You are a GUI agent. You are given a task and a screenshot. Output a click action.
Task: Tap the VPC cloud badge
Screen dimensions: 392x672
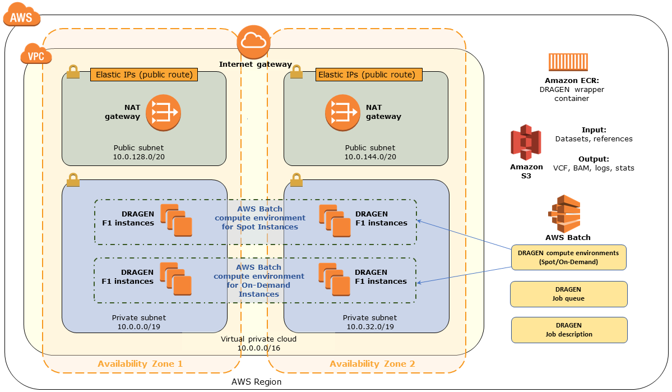[x=36, y=55]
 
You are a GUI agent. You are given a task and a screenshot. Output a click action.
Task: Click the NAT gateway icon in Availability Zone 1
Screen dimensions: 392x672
[x=163, y=112]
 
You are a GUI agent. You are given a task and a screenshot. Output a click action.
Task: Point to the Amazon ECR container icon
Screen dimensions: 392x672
[x=568, y=62]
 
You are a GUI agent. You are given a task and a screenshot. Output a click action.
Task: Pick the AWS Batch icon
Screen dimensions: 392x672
[x=564, y=214]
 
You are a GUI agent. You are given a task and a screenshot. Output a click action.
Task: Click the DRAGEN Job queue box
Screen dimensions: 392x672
[x=568, y=294]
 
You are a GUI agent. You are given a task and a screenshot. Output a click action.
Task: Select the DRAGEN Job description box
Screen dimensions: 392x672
[x=568, y=330]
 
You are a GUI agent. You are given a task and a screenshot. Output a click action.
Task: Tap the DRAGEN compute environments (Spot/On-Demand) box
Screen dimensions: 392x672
[x=568, y=257]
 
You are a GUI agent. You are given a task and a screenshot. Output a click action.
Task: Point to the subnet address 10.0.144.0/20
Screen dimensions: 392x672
[x=370, y=156]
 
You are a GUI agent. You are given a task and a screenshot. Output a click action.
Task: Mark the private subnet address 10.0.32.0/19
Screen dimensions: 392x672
[x=370, y=326]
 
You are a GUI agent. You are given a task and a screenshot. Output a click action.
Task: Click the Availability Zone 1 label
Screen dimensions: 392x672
[x=140, y=363]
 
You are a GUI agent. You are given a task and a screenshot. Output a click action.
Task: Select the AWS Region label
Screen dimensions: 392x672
[x=256, y=382]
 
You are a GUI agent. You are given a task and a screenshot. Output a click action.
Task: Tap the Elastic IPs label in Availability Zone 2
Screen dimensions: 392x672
[x=367, y=75]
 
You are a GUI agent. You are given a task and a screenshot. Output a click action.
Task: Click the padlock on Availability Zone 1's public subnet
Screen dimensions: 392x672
[x=73, y=71]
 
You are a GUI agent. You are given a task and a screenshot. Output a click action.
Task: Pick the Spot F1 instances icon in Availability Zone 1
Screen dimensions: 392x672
[x=176, y=219]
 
